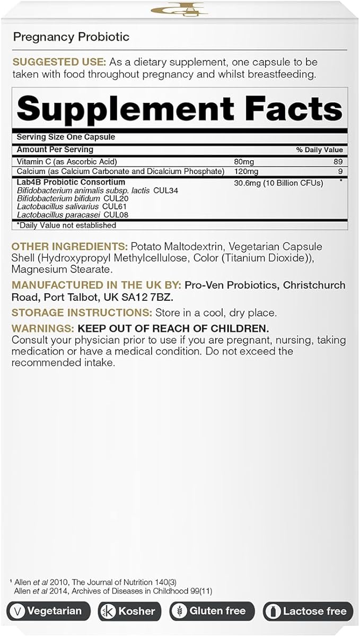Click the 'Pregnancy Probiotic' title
[x=71, y=37]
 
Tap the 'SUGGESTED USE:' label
[x=52, y=62]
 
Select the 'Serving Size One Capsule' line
[x=66, y=137]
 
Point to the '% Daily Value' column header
[x=319, y=150]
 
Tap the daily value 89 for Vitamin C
[x=339, y=161]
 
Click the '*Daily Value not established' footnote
[x=66, y=225]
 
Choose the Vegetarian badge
[x=48, y=611]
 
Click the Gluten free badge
[x=212, y=611]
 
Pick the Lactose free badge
[x=308, y=611]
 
